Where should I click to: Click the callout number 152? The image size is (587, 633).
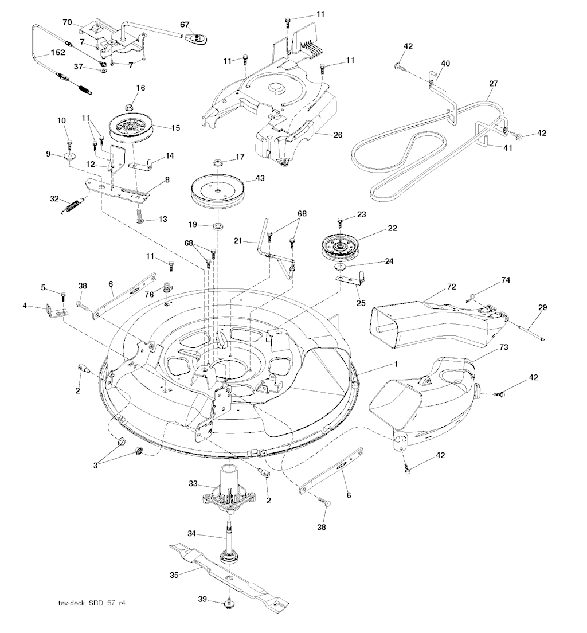click(x=57, y=52)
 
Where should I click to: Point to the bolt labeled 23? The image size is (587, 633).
click(x=341, y=219)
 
